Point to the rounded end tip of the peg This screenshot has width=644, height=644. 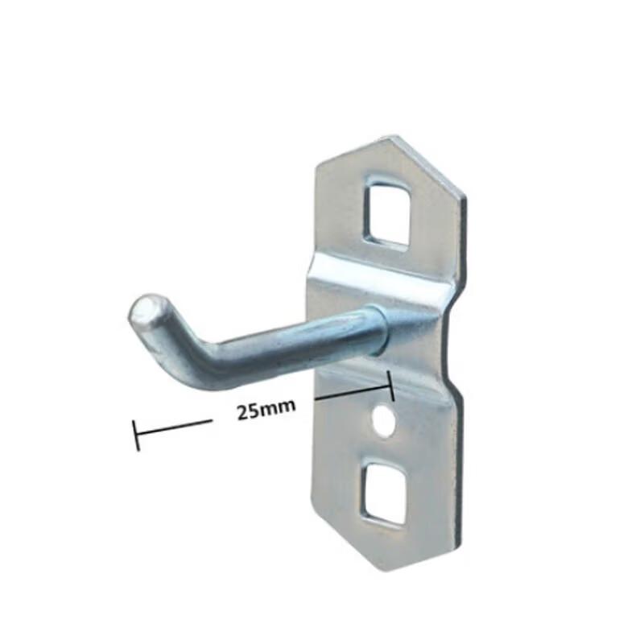point(146,309)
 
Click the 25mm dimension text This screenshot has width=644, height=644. point(266,411)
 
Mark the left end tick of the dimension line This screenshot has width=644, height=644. point(135,434)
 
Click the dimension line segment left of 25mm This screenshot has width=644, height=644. point(174,427)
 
